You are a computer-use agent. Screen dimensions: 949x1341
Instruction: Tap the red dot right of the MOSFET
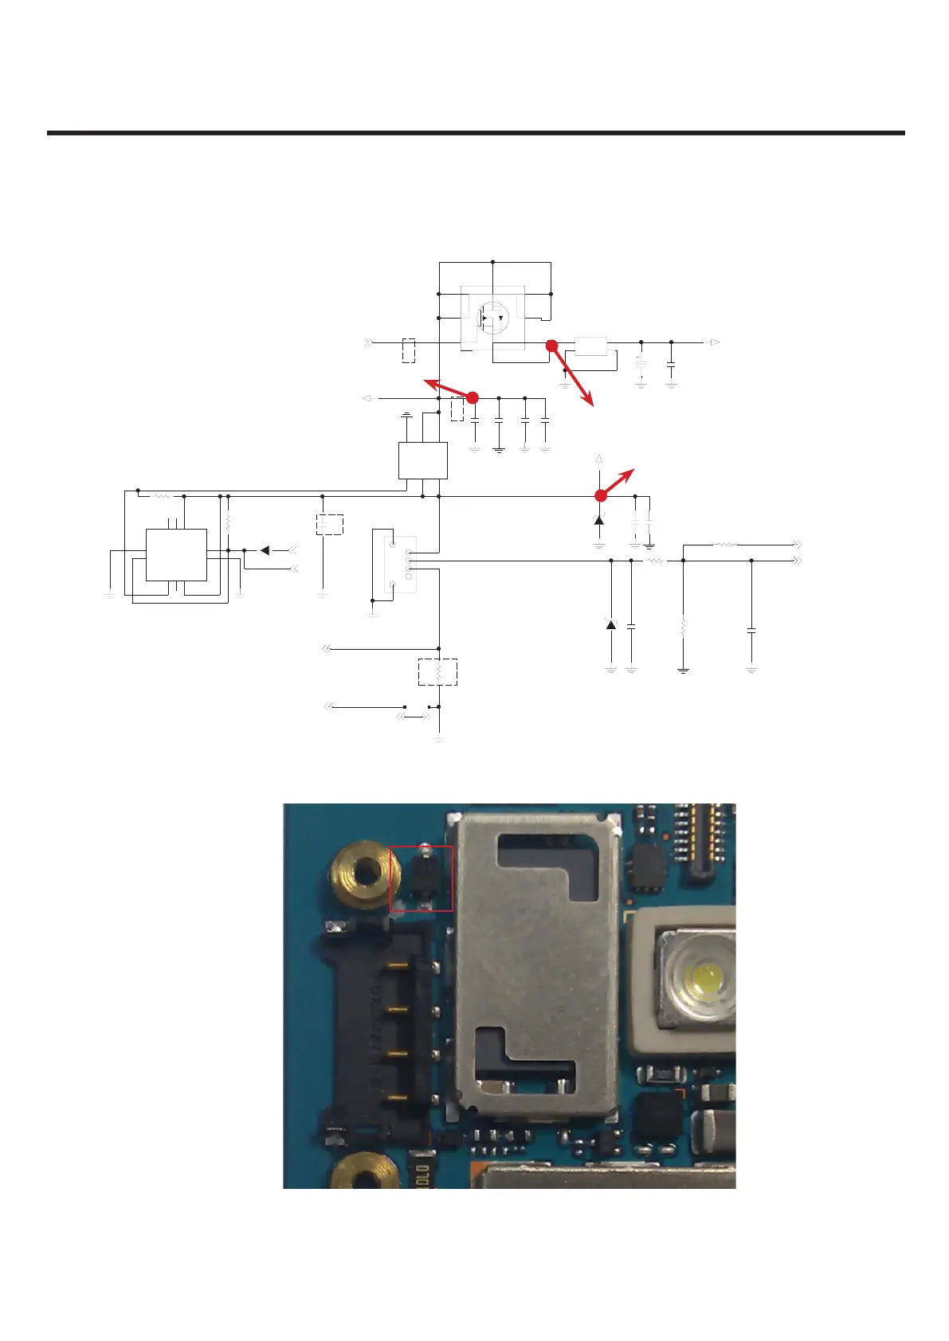tap(551, 346)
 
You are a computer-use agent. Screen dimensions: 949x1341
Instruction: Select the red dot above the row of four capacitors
tap(472, 397)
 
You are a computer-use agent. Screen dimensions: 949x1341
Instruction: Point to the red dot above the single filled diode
tap(601, 495)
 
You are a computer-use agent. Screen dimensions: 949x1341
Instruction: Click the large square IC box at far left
tap(176, 555)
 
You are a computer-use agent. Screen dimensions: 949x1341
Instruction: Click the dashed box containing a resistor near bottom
tap(438, 672)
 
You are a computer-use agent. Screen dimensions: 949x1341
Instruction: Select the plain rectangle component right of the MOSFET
tap(590, 346)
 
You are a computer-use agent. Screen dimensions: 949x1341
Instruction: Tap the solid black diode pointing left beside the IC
tap(265, 550)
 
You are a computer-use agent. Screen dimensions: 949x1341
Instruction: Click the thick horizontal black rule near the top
tap(476, 133)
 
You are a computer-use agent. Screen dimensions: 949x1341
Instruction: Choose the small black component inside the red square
tap(422, 876)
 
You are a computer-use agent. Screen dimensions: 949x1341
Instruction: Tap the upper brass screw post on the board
tap(365, 874)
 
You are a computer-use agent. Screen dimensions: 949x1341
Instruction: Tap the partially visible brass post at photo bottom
tap(366, 1174)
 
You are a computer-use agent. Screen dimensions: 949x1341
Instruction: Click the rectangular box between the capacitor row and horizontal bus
tap(422, 460)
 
